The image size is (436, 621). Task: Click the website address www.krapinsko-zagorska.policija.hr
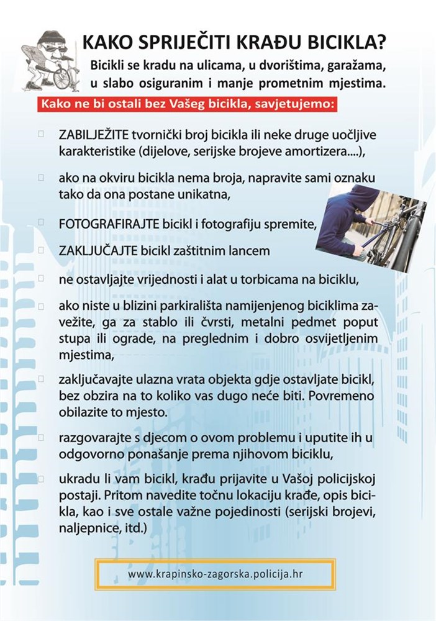pyautogui.click(x=216, y=574)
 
